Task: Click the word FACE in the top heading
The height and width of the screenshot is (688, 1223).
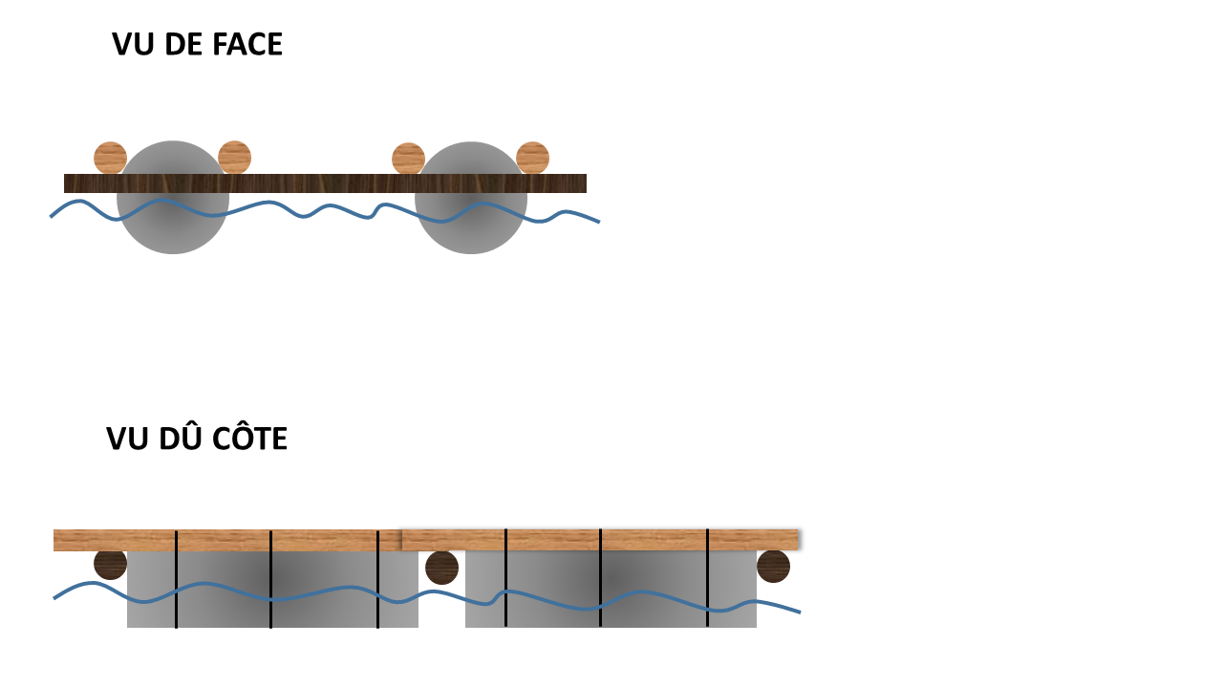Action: click(x=247, y=44)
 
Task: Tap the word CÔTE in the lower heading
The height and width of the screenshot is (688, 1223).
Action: click(x=250, y=439)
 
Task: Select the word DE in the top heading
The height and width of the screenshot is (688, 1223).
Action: click(x=182, y=44)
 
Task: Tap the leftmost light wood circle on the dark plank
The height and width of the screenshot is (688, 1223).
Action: click(x=110, y=158)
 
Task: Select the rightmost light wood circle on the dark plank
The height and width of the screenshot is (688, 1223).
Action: click(x=532, y=158)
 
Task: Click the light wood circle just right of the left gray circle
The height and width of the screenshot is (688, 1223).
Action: click(x=234, y=158)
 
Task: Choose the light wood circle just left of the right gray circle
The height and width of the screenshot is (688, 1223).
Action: click(x=408, y=159)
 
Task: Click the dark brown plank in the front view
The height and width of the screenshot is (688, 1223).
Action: click(x=325, y=183)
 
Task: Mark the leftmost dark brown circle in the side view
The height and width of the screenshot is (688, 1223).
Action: click(x=110, y=565)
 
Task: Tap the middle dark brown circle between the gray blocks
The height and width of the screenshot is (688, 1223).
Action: click(x=441, y=568)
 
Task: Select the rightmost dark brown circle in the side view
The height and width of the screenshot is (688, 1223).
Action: click(x=773, y=567)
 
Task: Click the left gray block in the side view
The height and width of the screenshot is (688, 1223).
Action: click(x=272, y=590)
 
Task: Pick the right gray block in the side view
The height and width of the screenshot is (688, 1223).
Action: click(x=611, y=590)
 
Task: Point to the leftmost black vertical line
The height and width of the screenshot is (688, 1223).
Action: click(x=176, y=579)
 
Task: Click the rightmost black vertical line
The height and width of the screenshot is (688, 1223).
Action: click(x=707, y=578)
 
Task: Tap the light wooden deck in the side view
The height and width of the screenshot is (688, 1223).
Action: click(x=426, y=540)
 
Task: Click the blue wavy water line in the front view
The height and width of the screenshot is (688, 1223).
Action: click(x=325, y=211)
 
